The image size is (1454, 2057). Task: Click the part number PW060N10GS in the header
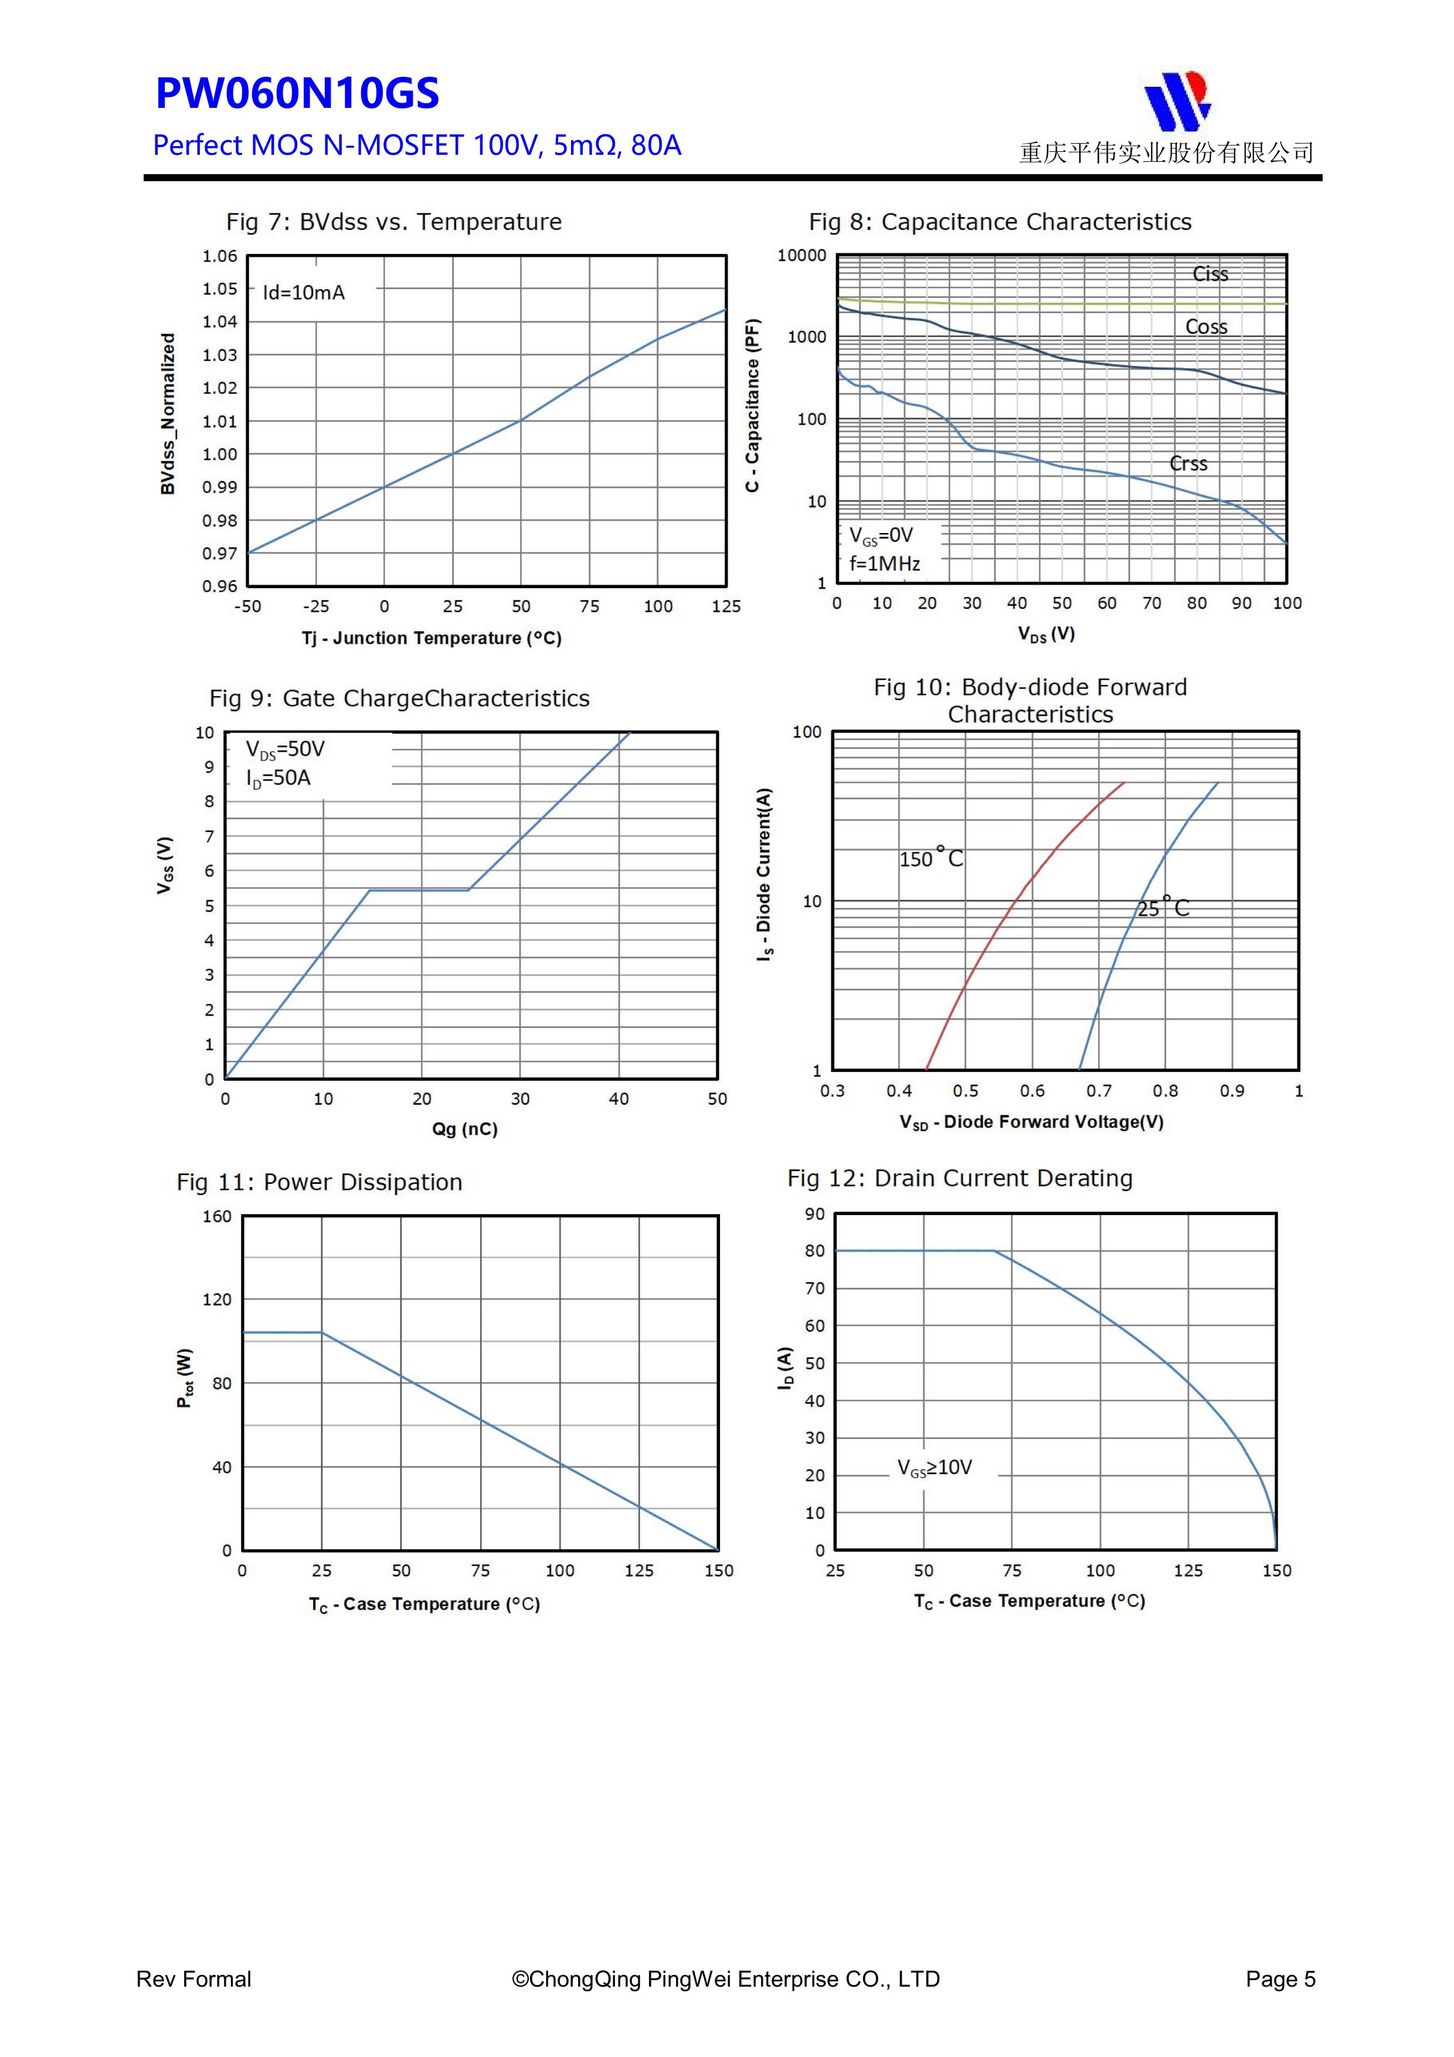[x=297, y=94]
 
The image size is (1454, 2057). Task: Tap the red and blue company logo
[x=1177, y=100]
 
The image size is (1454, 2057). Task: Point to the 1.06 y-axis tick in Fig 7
[x=219, y=256]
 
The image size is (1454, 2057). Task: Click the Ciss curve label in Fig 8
[x=1210, y=274]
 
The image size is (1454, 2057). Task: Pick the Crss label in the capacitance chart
[x=1188, y=463]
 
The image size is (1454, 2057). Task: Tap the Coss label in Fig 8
[x=1206, y=327]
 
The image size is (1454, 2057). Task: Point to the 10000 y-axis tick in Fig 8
[x=802, y=255]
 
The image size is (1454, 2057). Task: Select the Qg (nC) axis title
[x=464, y=1129]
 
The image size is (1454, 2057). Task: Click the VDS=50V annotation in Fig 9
[x=285, y=749]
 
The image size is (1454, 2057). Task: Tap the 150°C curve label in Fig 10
[x=931, y=858]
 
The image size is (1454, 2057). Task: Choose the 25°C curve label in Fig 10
[x=1163, y=908]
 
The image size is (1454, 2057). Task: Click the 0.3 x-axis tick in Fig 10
[x=833, y=1091]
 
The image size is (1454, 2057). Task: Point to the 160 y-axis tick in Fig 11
[x=217, y=1217]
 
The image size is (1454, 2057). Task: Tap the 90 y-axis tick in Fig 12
[x=814, y=1214]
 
